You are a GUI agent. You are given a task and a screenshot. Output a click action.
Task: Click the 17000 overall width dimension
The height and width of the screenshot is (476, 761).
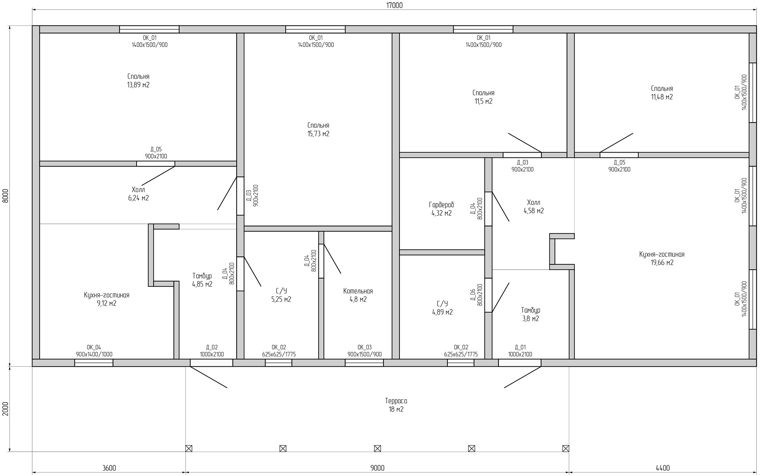(394, 5)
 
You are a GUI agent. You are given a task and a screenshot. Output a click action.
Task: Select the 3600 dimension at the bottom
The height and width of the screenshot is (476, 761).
(109, 468)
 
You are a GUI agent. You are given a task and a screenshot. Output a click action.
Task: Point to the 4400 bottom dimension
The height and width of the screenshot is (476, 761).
(663, 468)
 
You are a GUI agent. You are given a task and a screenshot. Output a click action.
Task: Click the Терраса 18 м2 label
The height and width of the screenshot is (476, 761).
(396, 405)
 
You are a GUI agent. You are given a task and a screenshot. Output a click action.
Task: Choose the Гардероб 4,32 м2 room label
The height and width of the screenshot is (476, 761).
(441, 209)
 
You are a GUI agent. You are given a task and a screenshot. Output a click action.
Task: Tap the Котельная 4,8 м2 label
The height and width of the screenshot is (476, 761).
(358, 295)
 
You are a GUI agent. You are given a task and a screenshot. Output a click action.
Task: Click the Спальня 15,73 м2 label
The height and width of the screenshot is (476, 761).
(318, 129)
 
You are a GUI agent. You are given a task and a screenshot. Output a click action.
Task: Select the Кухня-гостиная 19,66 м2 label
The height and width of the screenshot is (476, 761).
(662, 258)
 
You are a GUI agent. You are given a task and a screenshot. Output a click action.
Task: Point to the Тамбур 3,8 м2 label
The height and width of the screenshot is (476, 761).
(530, 314)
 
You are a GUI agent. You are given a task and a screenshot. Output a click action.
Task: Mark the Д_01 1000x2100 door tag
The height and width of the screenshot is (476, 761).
(520, 351)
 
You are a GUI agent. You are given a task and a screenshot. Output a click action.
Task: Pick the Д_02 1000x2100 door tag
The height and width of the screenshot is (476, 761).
(212, 351)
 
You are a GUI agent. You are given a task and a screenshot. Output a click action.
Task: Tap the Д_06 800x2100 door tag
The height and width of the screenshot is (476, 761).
(476, 295)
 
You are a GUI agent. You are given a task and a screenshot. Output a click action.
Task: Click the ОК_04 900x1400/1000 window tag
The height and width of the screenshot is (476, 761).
(94, 351)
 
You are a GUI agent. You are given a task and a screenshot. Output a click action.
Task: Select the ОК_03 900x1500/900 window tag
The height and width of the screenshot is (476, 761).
(364, 351)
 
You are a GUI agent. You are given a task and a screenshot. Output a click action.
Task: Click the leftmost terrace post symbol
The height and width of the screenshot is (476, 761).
(189, 448)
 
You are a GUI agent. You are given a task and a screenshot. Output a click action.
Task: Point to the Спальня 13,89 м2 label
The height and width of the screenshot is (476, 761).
(138, 80)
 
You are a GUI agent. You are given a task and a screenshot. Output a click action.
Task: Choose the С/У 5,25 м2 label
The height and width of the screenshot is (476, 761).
(281, 295)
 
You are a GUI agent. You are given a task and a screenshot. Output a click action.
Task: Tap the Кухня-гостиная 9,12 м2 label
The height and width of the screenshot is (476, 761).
(107, 299)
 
